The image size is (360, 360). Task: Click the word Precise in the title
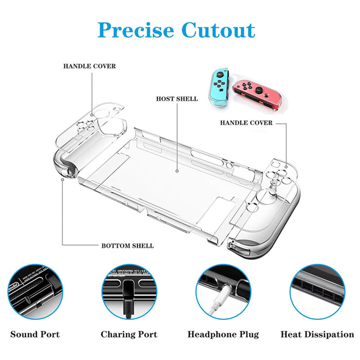(x=135, y=30)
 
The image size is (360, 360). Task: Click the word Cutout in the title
(x=219, y=30)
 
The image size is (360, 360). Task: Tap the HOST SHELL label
(x=177, y=99)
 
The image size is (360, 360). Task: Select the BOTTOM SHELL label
(x=127, y=246)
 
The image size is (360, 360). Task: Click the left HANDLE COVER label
(x=89, y=66)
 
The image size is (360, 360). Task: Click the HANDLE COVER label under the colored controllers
(x=246, y=122)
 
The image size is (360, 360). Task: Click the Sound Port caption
(x=35, y=334)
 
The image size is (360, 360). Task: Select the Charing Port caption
(x=129, y=334)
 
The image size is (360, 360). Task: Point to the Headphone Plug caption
(x=223, y=334)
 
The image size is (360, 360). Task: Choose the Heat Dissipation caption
(x=317, y=334)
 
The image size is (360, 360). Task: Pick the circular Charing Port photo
(x=129, y=293)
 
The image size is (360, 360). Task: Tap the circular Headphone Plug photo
(x=223, y=293)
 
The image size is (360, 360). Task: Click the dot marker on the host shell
(x=177, y=171)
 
